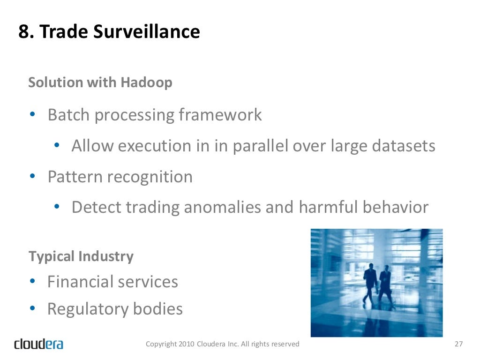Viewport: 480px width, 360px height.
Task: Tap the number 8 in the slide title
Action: tap(23, 32)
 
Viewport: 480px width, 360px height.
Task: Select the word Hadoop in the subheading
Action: tap(146, 82)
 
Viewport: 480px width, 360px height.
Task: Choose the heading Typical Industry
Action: tap(81, 257)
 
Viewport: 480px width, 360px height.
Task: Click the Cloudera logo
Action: tap(38, 344)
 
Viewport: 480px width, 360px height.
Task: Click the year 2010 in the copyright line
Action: tap(185, 344)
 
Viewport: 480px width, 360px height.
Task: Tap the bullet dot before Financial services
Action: tap(33, 282)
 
